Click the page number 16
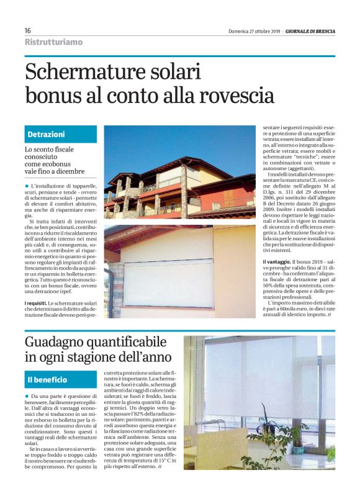(x=28, y=31)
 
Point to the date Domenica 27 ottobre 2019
(x=254, y=31)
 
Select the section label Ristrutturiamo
(x=53, y=42)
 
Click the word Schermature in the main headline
(x=78, y=73)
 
